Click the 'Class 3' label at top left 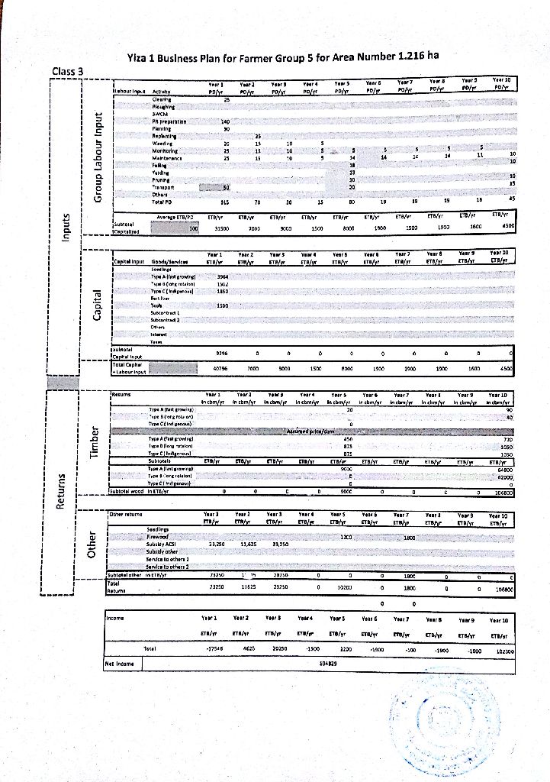point(71,72)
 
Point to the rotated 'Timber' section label point(95,442)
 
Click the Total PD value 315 point(225,202)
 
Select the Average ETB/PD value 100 point(193,228)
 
